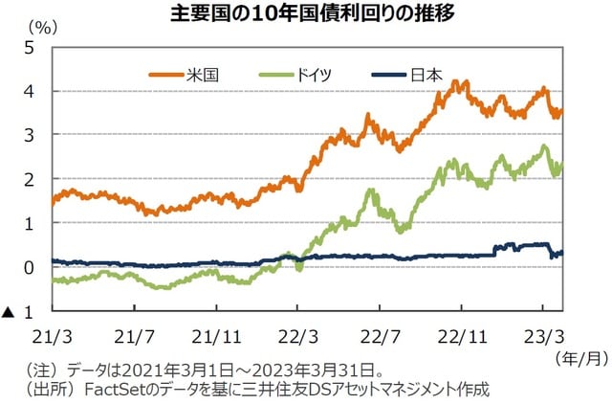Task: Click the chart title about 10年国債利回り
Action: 305,13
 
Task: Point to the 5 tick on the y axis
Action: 29,47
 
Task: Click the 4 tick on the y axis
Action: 29,91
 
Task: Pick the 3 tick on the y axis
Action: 29,135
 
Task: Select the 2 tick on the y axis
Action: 29,179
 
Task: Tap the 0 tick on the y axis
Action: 29,267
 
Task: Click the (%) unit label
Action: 43,27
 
